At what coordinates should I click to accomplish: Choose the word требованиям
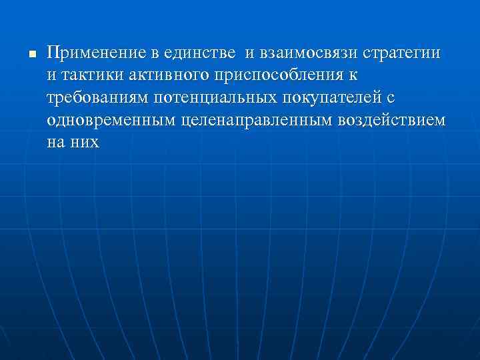[x=99, y=99]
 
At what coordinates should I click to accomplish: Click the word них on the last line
[x=85, y=143]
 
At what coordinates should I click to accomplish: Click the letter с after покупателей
[x=391, y=99]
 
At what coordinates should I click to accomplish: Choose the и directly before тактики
[x=52, y=75]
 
